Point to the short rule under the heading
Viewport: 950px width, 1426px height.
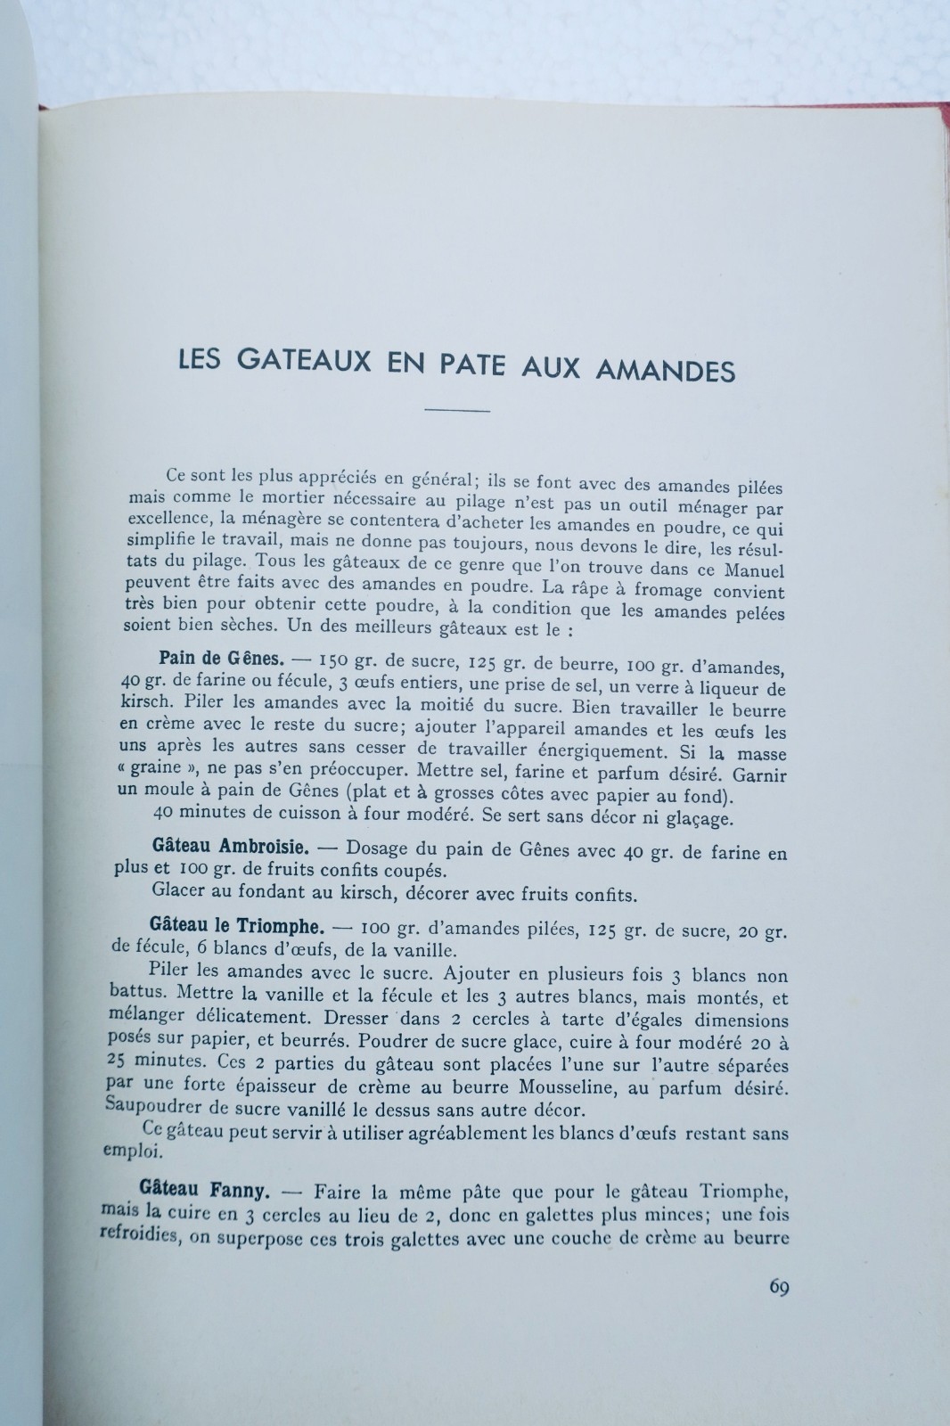(x=458, y=410)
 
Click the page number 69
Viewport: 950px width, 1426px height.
(x=778, y=1288)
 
